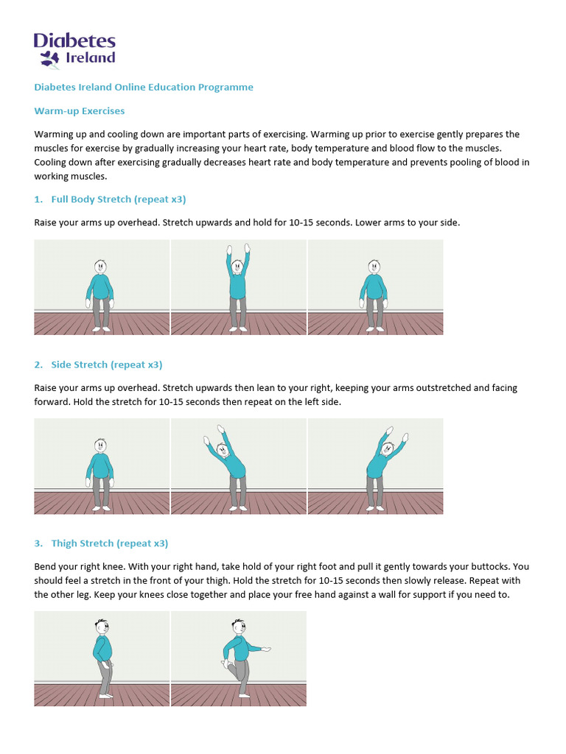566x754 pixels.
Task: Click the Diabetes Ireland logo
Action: point(74,49)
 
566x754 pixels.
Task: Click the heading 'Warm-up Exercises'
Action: point(80,111)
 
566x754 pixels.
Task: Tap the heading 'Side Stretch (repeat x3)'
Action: point(106,364)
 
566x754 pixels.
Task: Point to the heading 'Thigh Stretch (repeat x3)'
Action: point(109,543)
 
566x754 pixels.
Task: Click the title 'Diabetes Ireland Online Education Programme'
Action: point(144,87)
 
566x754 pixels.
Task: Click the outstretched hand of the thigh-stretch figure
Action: point(266,649)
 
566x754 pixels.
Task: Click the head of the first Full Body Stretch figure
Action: point(100,267)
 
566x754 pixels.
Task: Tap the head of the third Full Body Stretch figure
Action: point(374,267)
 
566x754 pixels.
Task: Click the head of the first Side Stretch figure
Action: point(100,445)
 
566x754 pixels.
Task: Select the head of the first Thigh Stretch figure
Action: point(102,628)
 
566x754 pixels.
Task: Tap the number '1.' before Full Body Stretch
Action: point(38,200)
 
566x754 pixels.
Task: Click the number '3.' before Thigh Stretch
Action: point(38,543)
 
